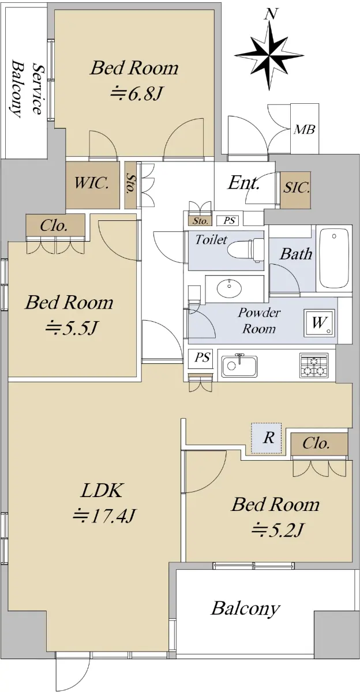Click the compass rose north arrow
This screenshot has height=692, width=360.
click(x=270, y=50)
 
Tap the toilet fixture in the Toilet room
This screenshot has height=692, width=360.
click(x=246, y=250)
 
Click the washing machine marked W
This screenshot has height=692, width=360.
click(x=319, y=323)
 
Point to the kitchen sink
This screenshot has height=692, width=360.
click(x=239, y=366)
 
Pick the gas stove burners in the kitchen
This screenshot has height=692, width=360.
click(x=313, y=366)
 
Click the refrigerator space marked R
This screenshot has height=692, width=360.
click(x=267, y=438)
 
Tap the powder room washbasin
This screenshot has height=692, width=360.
click(x=229, y=288)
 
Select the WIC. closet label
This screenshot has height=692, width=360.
click(x=92, y=183)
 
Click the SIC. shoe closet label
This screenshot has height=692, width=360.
click(x=297, y=187)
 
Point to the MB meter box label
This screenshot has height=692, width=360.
click(x=305, y=129)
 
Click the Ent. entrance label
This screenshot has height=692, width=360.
click(x=243, y=183)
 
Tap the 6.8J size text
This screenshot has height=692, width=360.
click(x=136, y=93)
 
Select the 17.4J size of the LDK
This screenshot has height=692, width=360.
click(x=104, y=516)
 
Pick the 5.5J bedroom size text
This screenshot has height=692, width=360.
click(x=72, y=328)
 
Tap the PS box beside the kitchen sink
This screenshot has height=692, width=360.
click(x=202, y=358)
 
